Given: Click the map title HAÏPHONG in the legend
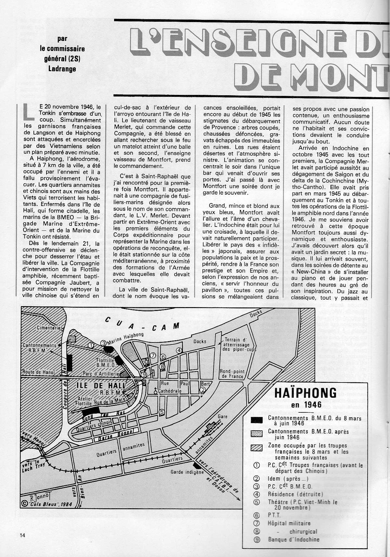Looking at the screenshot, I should (x=305, y=393).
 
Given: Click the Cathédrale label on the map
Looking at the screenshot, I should (x=170, y=391).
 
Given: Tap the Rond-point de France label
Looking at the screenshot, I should (x=232, y=374).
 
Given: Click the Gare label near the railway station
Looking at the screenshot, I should (x=223, y=416).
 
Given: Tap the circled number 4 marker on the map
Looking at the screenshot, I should (x=179, y=350).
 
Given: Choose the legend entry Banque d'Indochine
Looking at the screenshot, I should (x=293, y=539).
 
